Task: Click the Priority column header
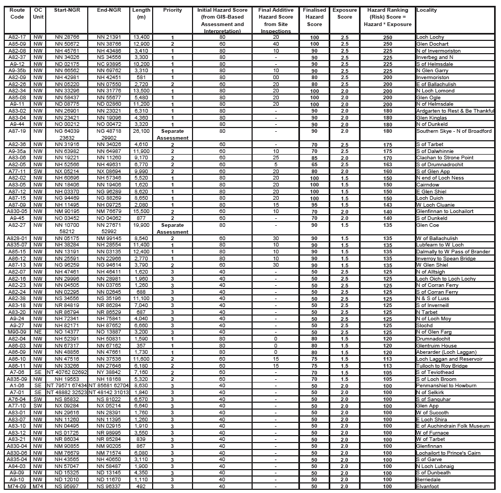point(172,10)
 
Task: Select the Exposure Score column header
point(345,14)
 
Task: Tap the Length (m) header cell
point(141,14)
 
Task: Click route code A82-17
point(18,37)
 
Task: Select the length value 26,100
point(141,131)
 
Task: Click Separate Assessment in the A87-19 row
point(172,134)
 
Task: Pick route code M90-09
point(18,331)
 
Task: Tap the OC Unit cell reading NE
point(37,331)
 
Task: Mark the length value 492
point(141,486)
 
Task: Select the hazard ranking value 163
point(387,164)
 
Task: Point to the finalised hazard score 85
point(314,158)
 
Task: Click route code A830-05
point(18,211)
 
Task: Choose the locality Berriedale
point(429,479)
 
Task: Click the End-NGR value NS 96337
point(108,486)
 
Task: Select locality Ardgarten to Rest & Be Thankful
point(455,110)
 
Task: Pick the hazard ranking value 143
point(387,205)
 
